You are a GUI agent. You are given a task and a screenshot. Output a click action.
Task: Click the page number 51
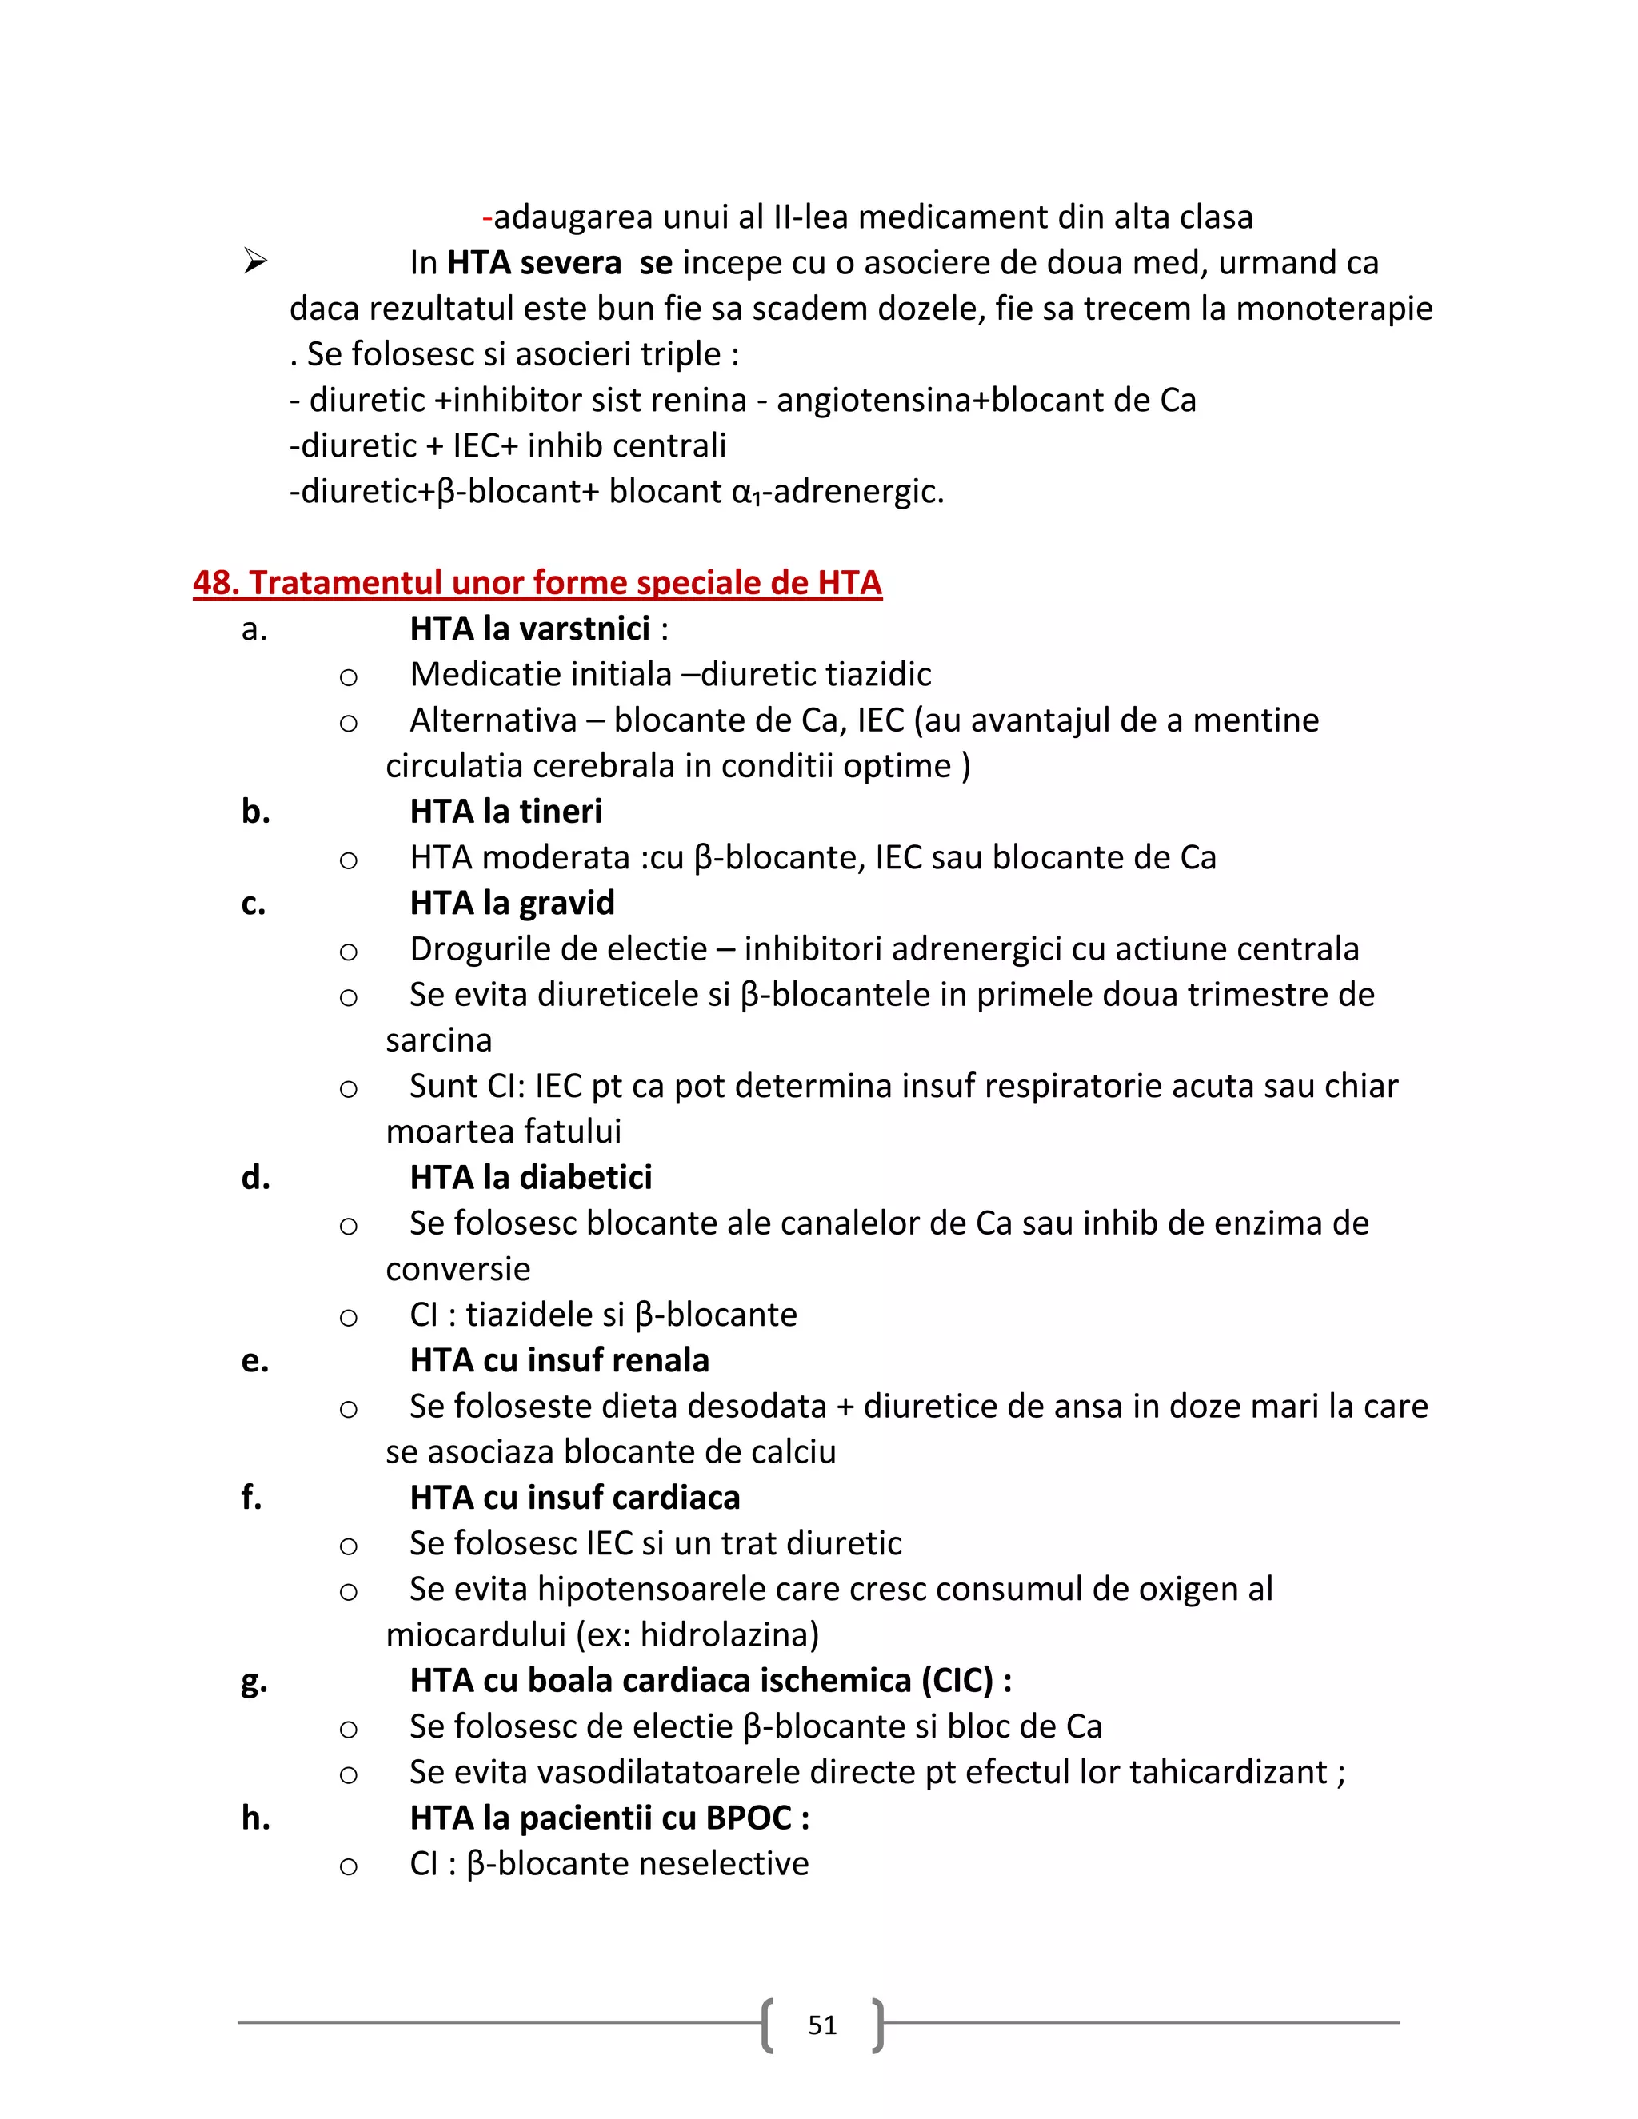tap(822, 2025)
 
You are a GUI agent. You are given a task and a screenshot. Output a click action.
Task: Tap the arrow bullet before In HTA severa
tap(255, 262)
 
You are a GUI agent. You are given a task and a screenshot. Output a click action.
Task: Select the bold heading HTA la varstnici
tap(529, 629)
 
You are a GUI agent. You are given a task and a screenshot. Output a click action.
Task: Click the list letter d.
tap(255, 1178)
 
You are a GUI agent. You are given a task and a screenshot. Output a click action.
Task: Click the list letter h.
tap(255, 1818)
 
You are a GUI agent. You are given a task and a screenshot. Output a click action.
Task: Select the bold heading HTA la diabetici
tap(531, 1178)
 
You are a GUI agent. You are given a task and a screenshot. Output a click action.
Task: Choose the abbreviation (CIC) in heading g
tap(957, 1681)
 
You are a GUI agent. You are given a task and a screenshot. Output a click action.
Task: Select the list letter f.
tap(251, 1498)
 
